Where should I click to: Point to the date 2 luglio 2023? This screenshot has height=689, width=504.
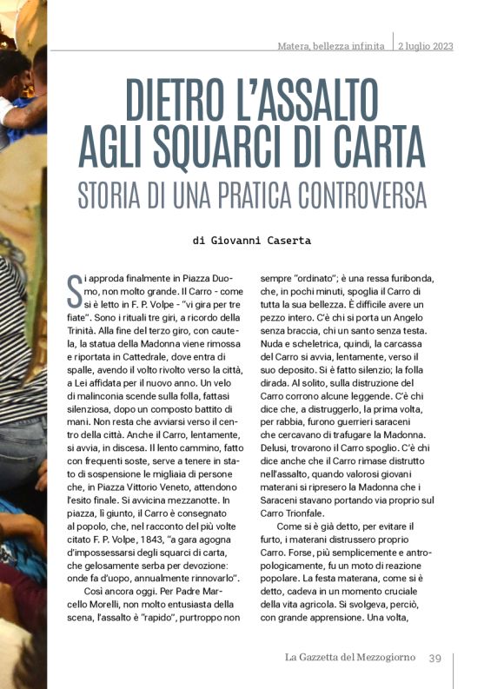click(x=426, y=46)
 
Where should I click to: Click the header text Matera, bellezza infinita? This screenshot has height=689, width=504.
click(x=330, y=46)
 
